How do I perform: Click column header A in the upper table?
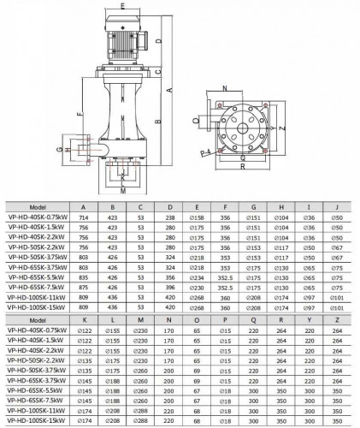pos(83,207)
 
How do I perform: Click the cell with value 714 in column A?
pos(83,218)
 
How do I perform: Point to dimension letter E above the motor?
pos(123,5)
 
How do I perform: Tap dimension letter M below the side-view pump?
pos(122,192)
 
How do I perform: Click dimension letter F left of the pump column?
pos(79,111)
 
